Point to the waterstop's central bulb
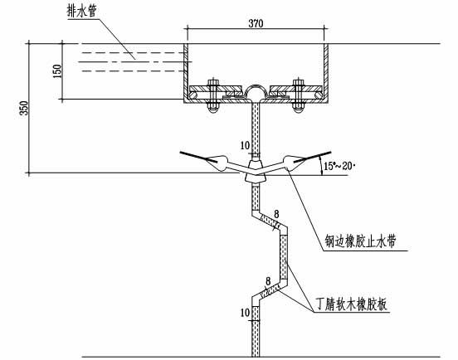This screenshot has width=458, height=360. pos(255,175)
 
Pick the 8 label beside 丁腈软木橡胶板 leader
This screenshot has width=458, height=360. pos(268,281)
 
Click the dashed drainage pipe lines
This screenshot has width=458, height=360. pos(133,57)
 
